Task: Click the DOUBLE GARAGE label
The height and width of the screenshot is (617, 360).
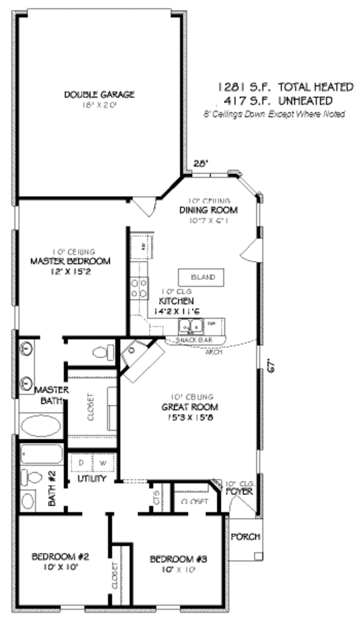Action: pyautogui.click(x=99, y=94)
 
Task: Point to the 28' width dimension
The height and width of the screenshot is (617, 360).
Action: pyautogui.click(x=200, y=163)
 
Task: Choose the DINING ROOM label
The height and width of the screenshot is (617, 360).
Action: pyautogui.click(x=208, y=210)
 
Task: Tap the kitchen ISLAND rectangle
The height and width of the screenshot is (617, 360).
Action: pyautogui.click(x=201, y=278)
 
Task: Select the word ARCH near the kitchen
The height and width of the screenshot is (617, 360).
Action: pyautogui.click(x=214, y=352)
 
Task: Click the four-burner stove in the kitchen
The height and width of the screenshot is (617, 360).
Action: pyautogui.click(x=140, y=288)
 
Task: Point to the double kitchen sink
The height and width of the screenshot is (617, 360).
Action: pyautogui.click(x=191, y=326)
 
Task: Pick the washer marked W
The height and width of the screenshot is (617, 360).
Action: pyautogui.click(x=102, y=463)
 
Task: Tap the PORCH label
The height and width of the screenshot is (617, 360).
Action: pyautogui.click(x=246, y=536)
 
